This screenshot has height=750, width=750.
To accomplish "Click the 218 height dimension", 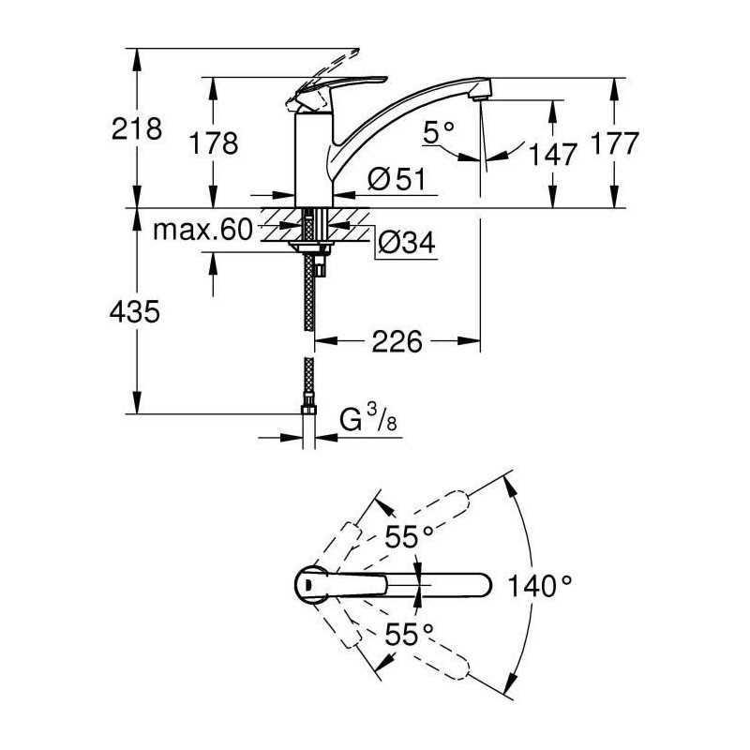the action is [137, 128].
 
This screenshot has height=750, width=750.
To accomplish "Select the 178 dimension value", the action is [214, 143].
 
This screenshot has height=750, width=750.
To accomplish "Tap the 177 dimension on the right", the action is [615, 143].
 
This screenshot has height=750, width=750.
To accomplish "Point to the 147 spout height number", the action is [553, 154].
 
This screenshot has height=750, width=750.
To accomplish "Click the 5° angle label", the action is [439, 132].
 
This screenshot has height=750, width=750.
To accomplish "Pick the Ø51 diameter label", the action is [397, 180].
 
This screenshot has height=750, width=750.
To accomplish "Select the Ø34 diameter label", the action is [407, 242].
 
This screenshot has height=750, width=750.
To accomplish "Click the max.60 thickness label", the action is [202, 230].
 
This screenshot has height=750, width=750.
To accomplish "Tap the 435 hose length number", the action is [134, 312].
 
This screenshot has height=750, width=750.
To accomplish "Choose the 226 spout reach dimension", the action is [397, 341].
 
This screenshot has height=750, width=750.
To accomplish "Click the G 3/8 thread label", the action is [368, 417].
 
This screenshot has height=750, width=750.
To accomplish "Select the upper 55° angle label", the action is [409, 536].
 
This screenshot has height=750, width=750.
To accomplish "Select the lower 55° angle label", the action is [409, 635].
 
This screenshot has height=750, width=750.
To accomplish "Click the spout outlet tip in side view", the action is [480, 97].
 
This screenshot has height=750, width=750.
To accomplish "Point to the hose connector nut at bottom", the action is [308, 410].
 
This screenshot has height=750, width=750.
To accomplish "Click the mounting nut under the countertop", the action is [310, 247].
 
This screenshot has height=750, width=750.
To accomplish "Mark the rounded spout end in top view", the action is [481, 585].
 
